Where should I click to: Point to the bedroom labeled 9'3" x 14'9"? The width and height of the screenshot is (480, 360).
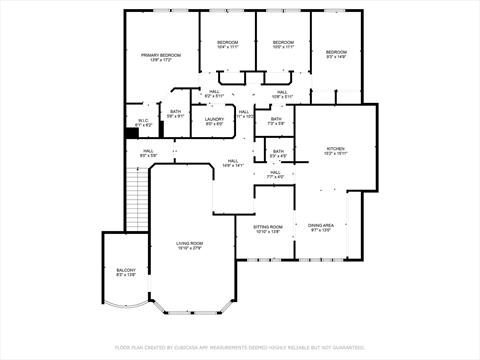pyautogui.click(x=335, y=54)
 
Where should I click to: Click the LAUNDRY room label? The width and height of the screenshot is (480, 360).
pyautogui.click(x=214, y=121)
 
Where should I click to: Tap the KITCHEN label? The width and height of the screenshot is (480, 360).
pyautogui.click(x=335, y=150)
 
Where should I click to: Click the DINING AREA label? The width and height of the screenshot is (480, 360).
pyautogui.click(x=321, y=228)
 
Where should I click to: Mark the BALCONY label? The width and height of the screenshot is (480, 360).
pyautogui.click(x=125, y=273)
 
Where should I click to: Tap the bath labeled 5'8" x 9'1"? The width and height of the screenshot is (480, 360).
pyautogui.click(x=175, y=113)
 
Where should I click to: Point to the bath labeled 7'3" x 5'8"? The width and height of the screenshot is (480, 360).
pyautogui.click(x=275, y=121)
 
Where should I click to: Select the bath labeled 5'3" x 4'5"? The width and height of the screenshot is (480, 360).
pyautogui.click(x=278, y=154)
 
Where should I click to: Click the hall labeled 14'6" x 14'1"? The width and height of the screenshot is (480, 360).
pyautogui.click(x=233, y=163)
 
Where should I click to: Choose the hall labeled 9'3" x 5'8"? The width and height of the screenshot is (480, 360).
pyautogui.click(x=147, y=154)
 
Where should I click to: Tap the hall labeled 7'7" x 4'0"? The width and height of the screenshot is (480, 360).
pyautogui.click(x=274, y=175)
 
